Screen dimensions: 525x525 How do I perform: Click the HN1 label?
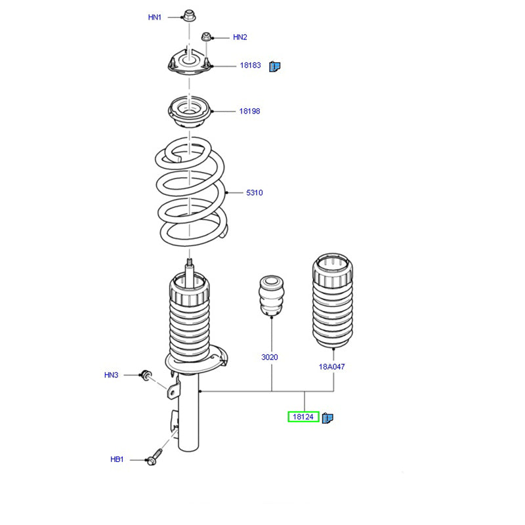(x=155, y=18)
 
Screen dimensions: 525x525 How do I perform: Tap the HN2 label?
(x=240, y=37)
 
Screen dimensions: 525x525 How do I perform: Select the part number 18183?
(x=250, y=66)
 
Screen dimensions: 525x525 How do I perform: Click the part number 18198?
(x=249, y=111)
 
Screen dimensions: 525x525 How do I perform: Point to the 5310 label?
(x=254, y=193)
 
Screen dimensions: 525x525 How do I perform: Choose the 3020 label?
(x=270, y=358)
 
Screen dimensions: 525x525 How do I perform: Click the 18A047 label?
(x=332, y=367)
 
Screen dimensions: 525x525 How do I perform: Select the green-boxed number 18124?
(x=303, y=417)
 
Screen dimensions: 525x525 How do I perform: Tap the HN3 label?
(x=111, y=375)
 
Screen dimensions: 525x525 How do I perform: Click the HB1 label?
(x=117, y=460)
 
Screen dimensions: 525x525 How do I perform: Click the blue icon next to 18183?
(x=276, y=66)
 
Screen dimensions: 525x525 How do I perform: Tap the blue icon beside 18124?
(x=328, y=417)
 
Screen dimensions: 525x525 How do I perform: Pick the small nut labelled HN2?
(x=205, y=37)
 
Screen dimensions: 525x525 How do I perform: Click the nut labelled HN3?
(x=146, y=375)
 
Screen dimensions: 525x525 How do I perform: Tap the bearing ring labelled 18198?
(x=188, y=114)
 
